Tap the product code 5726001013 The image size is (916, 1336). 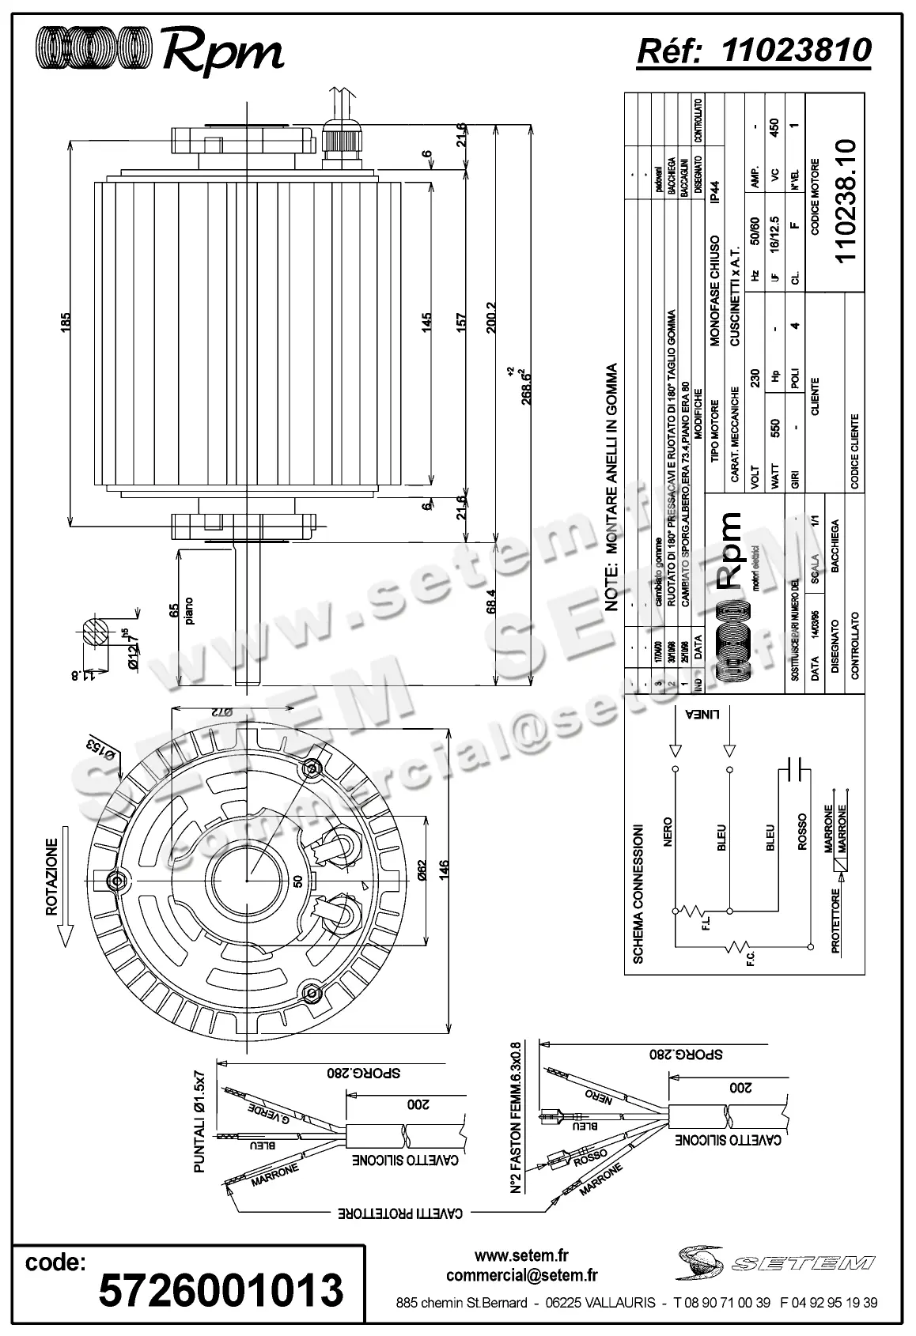221,1289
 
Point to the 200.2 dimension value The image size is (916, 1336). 491,317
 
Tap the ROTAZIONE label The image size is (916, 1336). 52,877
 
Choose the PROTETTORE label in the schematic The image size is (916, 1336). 835,921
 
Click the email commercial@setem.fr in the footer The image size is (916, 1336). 521,1274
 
